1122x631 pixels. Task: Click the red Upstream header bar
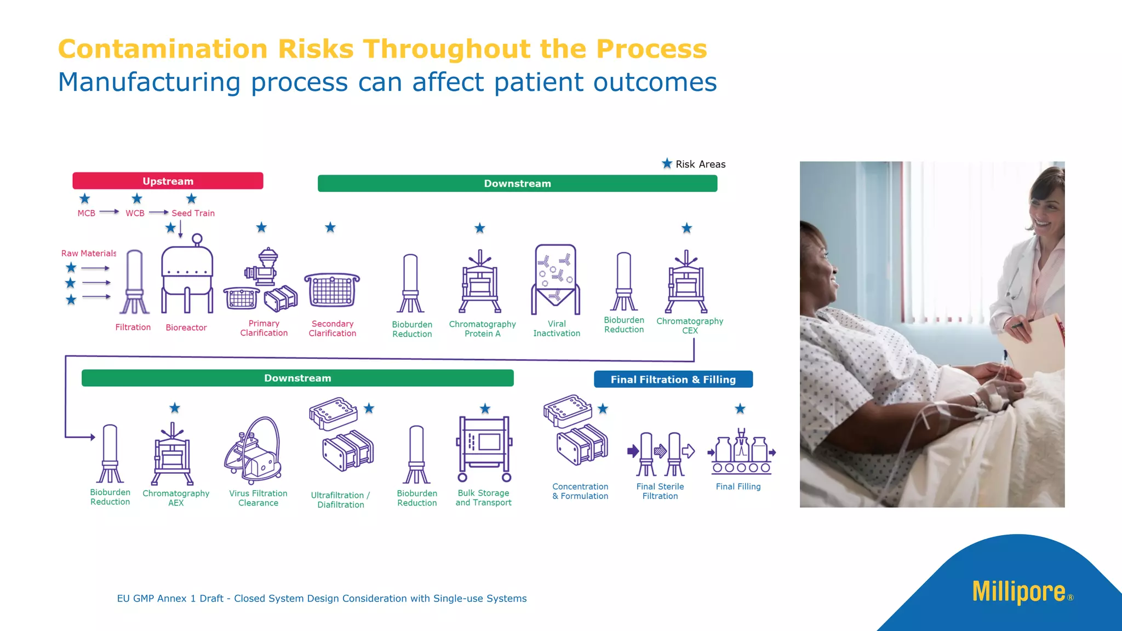click(x=168, y=181)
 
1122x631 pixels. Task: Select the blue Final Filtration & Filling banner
click(x=673, y=379)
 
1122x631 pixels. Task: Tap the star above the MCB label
click(x=84, y=198)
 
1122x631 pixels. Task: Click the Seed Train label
click(x=193, y=213)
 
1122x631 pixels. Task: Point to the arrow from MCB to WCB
click(x=109, y=212)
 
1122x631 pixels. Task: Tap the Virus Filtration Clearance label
click(x=258, y=498)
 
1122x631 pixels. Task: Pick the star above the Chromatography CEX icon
click(x=686, y=228)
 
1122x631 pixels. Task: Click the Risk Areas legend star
click(x=667, y=163)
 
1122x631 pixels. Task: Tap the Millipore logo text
click(x=1018, y=592)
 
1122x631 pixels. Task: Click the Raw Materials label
click(x=89, y=253)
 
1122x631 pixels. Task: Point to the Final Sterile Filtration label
click(x=660, y=491)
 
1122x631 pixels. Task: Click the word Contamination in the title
click(x=163, y=49)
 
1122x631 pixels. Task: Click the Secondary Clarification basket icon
click(x=332, y=290)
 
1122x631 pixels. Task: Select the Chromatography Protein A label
click(x=482, y=329)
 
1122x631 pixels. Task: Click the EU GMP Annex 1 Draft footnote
click(x=322, y=598)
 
